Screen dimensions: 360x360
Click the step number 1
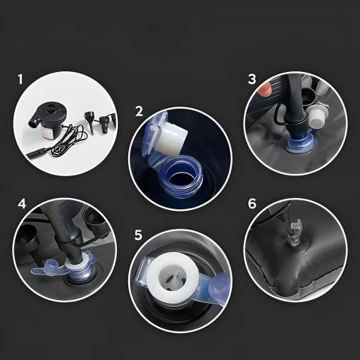point(20,79)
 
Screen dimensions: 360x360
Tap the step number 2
point(139,112)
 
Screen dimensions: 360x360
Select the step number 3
point(252,79)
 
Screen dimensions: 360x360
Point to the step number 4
point(22,203)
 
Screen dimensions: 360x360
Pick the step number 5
point(138,235)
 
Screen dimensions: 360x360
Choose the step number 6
point(252,204)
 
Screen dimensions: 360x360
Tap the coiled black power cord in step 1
point(69,140)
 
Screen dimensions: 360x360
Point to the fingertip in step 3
point(265,89)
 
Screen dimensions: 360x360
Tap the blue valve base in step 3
point(300,144)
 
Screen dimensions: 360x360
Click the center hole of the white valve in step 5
point(172,278)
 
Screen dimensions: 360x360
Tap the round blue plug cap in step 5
point(220,286)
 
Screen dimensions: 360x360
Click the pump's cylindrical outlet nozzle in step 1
point(34,123)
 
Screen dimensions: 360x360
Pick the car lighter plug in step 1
point(38,153)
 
